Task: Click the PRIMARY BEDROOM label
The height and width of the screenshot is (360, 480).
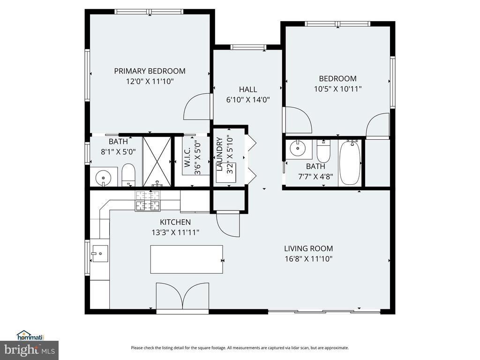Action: pyautogui.click(x=150, y=71)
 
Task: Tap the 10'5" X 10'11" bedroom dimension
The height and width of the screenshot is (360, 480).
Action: pyautogui.click(x=337, y=89)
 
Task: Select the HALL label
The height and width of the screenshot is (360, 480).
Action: pyautogui.click(x=248, y=90)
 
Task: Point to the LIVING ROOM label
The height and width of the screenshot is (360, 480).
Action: pyautogui.click(x=308, y=248)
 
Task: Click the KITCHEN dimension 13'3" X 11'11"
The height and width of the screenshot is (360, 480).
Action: pyautogui.click(x=175, y=232)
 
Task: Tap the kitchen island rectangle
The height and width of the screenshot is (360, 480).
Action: pyautogui.click(x=187, y=259)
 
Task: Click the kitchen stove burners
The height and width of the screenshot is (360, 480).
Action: pyautogui.click(x=148, y=201)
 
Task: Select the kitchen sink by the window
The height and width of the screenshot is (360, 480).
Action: pyautogui.click(x=99, y=254)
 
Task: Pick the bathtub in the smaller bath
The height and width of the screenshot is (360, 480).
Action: pyautogui.click(x=350, y=163)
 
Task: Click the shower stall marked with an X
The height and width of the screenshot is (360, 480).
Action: pyautogui.click(x=157, y=161)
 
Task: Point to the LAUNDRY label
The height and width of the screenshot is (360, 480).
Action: pyautogui.click(x=219, y=154)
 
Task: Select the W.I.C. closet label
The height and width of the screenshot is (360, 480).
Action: pyautogui.click(x=187, y=157)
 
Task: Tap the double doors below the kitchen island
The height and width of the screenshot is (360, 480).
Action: pyautogui.click(x=183, y=296)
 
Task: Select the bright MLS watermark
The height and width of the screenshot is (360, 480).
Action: pyautogui.click(x=30, y=350)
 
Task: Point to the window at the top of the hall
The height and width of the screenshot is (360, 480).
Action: pyautogui.click(x=248, y=47)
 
